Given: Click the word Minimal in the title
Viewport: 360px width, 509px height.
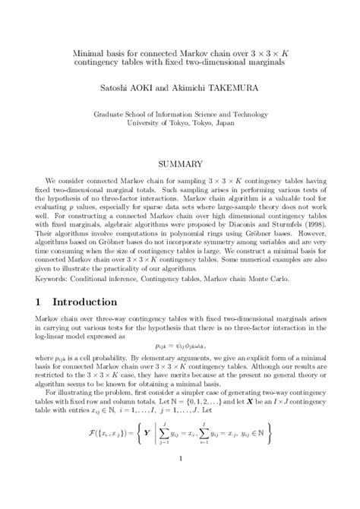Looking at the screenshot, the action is click(90, 55).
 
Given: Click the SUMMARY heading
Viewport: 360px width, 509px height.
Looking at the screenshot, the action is click(179, 163).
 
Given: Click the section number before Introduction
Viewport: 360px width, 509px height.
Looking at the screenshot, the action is click(39, 322).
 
